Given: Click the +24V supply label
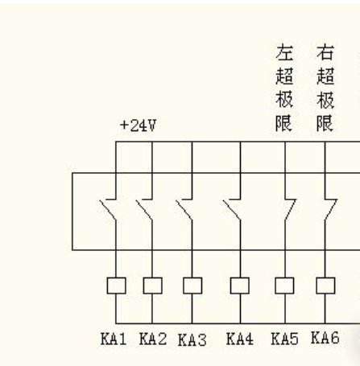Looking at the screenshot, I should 138,126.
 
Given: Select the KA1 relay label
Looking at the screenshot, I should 114,339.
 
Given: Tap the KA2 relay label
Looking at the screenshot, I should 152,339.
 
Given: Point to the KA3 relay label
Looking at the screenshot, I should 192,340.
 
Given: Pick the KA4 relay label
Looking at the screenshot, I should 239,339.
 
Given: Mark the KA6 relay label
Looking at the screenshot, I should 325,339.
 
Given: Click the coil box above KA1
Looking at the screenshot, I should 115,285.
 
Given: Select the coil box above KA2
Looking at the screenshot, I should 152,285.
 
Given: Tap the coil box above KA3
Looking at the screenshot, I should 192,285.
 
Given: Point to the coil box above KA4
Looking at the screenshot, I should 239,285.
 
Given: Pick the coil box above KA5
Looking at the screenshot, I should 284,285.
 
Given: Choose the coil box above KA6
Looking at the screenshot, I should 325,285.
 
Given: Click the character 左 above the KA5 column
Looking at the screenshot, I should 283,54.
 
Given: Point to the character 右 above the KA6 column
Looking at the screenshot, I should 325,54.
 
